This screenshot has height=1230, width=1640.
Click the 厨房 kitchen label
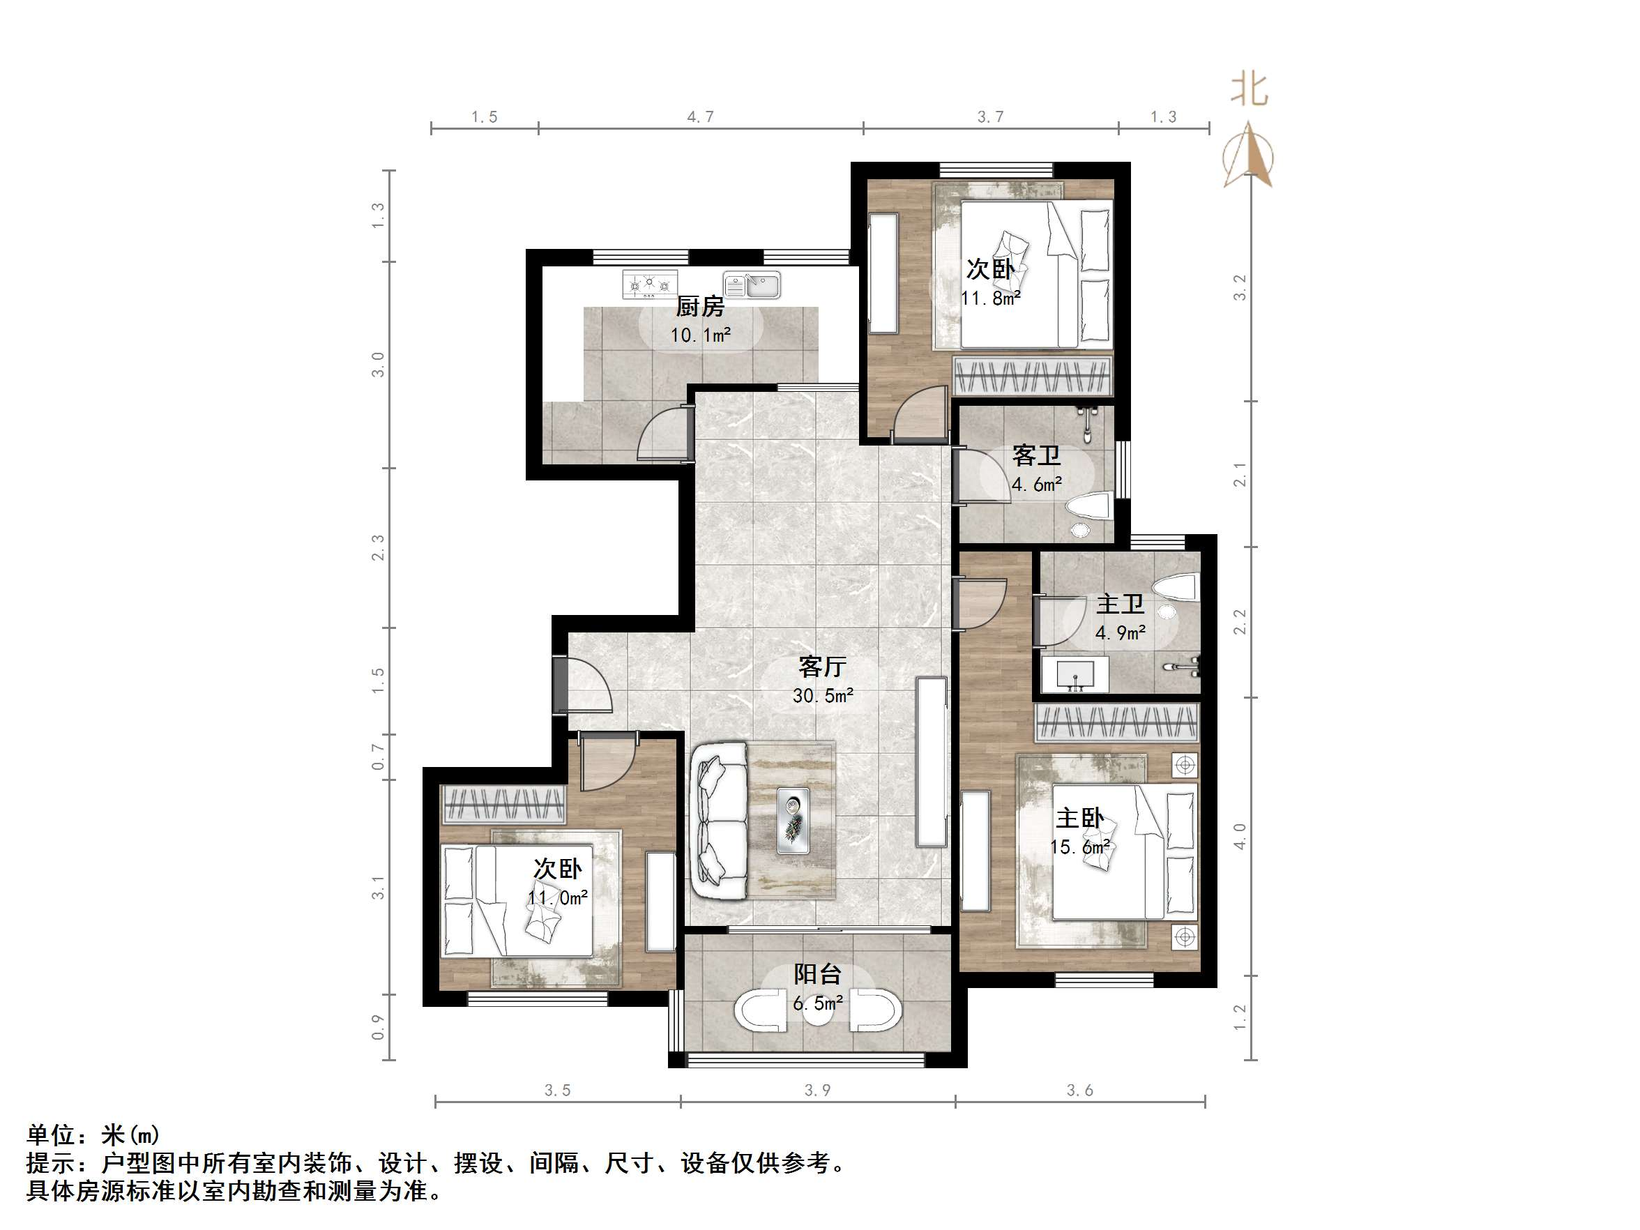point(699,306)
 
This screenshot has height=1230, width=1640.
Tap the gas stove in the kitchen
point(649,284)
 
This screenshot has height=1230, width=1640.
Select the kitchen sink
point(752,284)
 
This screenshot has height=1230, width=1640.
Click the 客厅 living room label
point(821,667)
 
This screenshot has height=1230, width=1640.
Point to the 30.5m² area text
point(822,696)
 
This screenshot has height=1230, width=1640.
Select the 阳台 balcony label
point(817,973)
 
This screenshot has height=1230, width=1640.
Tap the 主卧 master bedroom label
point(1079,818)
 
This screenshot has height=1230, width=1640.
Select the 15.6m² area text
point(1079,846)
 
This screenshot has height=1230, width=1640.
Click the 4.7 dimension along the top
point(700,117)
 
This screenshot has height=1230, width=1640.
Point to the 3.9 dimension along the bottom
point(817,1091)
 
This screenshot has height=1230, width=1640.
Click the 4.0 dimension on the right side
point(1240,836)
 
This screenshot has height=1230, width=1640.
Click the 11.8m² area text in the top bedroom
point(991,298)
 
